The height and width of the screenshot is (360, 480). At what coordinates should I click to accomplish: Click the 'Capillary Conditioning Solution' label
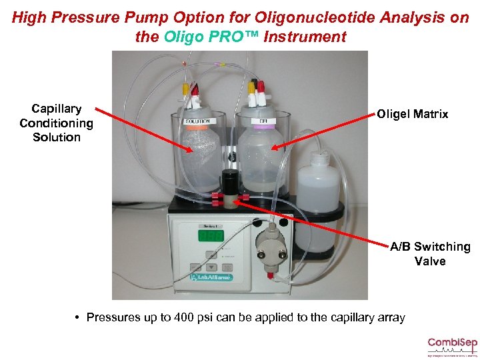click(57, 123)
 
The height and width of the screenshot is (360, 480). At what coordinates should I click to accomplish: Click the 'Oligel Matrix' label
click(412, 114)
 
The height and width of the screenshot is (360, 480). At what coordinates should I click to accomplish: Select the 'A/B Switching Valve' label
click(430, 253)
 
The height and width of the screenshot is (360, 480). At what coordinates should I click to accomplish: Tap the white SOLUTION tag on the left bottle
click(197, 121)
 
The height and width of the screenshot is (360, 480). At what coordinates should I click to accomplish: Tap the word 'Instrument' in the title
click(305, 37)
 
